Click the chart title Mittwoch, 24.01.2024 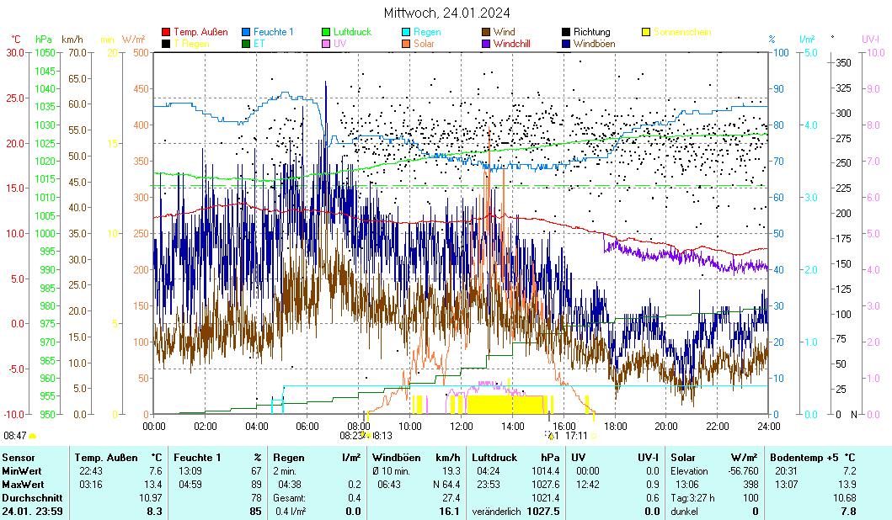point(446,13)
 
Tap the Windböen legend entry point(594,44)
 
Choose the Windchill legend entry point(512,44)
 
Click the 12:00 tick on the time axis point(461,427)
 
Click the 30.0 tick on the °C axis point(15,52)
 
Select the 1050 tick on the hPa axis point(45,52)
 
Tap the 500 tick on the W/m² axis point(141,52)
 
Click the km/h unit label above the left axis point(72,39)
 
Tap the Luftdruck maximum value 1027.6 point(547,484)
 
